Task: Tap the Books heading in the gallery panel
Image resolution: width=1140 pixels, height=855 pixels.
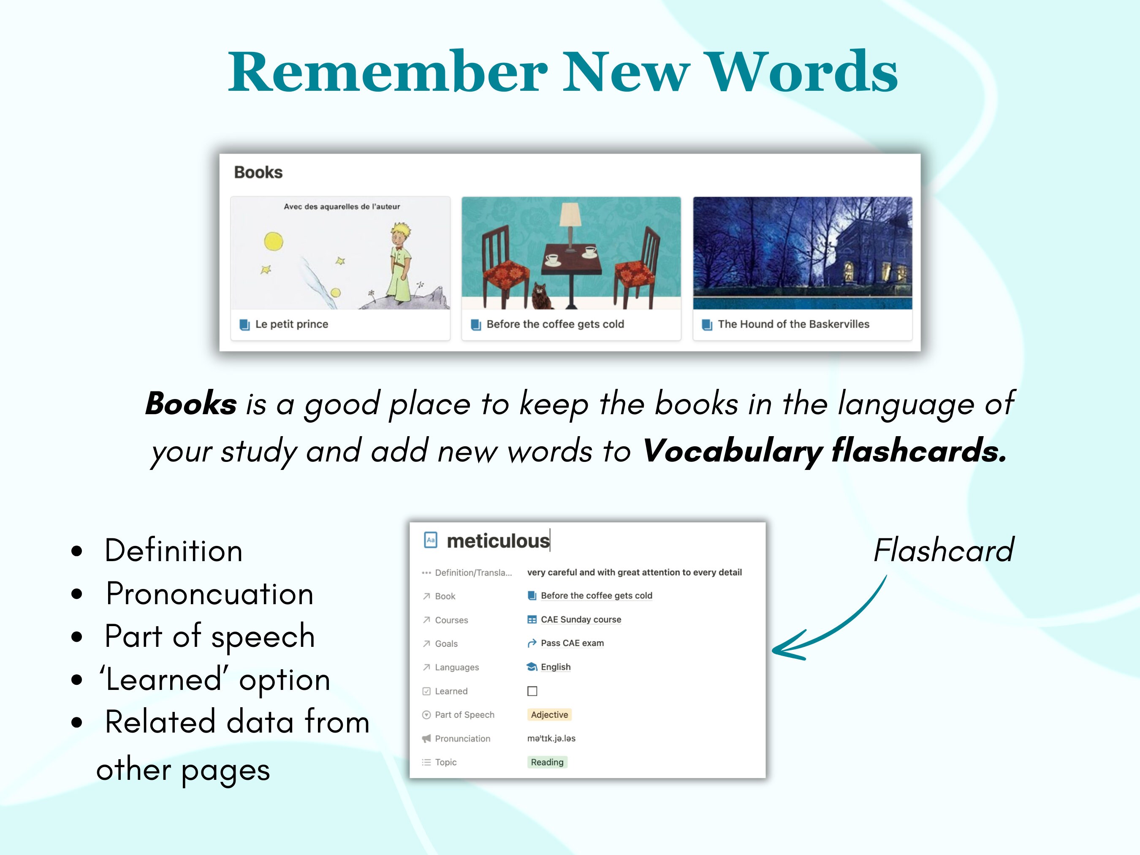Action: (x=258, y=172)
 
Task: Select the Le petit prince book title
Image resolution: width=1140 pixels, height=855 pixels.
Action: (x=292, y=324)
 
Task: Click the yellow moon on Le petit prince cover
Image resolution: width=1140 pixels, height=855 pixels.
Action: (x=274, y=241)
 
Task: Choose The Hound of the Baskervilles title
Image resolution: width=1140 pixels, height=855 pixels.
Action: (x=793, y=324)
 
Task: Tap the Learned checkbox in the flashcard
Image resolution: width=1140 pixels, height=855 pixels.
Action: (x=532, y=691)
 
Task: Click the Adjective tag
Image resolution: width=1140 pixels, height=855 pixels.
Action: (x=549, y=715)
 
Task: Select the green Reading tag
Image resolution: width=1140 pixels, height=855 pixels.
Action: (x=547, y=762)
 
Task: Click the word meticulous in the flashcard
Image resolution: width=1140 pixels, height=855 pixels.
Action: (x=498, y=541)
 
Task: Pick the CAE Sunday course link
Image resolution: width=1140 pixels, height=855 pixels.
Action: (x=581, y=619)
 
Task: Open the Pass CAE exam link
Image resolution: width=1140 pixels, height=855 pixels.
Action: (x=572, y=643)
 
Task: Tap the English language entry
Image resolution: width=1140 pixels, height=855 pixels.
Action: (x=556, y=667)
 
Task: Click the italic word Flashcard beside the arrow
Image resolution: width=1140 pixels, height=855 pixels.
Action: (x=944, y=551)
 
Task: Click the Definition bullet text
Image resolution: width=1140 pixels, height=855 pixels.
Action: (x=174, y=551)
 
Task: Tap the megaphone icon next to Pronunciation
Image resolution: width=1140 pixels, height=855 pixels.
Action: (x=426, y=738)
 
